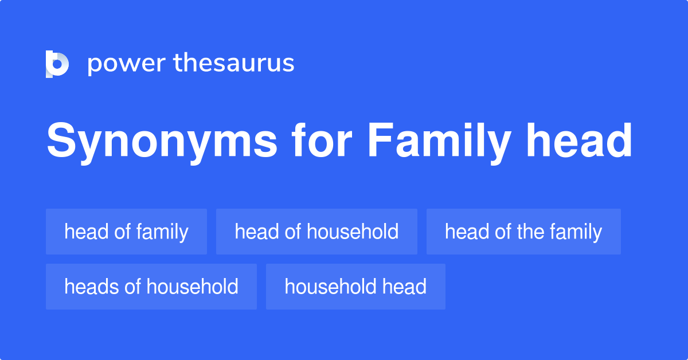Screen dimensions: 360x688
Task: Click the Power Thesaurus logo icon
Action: point(57,64)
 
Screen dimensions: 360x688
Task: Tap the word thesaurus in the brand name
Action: point(234,64)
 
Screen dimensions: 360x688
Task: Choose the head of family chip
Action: point(126,232)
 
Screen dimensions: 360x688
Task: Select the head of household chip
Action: point(316,232)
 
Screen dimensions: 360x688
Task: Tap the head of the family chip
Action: point(523,232)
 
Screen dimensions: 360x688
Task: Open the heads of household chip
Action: point(151,287)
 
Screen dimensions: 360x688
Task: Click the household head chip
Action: point(355,287)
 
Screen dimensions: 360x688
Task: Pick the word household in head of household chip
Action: point(353,232)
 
